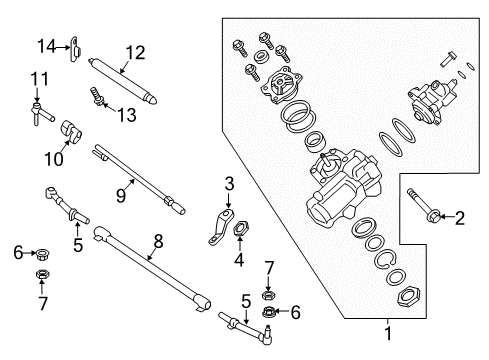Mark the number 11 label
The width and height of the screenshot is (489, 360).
[39, 78]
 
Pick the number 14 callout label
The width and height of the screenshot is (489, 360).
[46, 45]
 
